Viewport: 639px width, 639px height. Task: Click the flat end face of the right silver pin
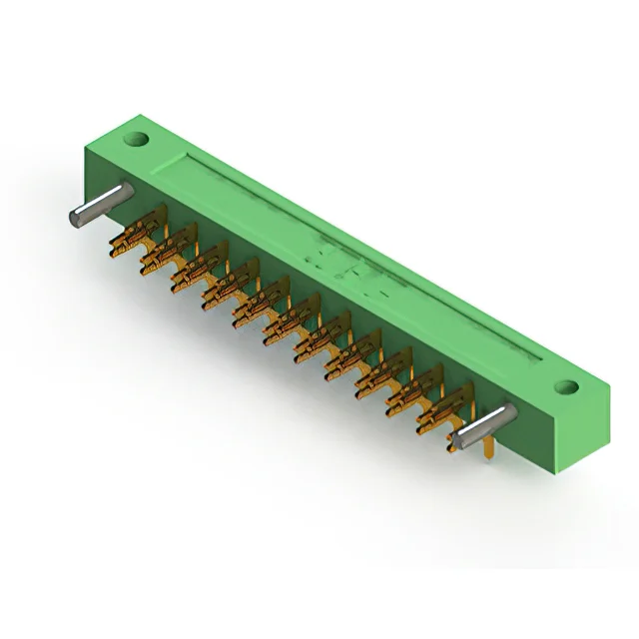[x=456, y=439]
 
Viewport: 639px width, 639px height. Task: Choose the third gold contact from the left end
[x=190, y=274]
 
